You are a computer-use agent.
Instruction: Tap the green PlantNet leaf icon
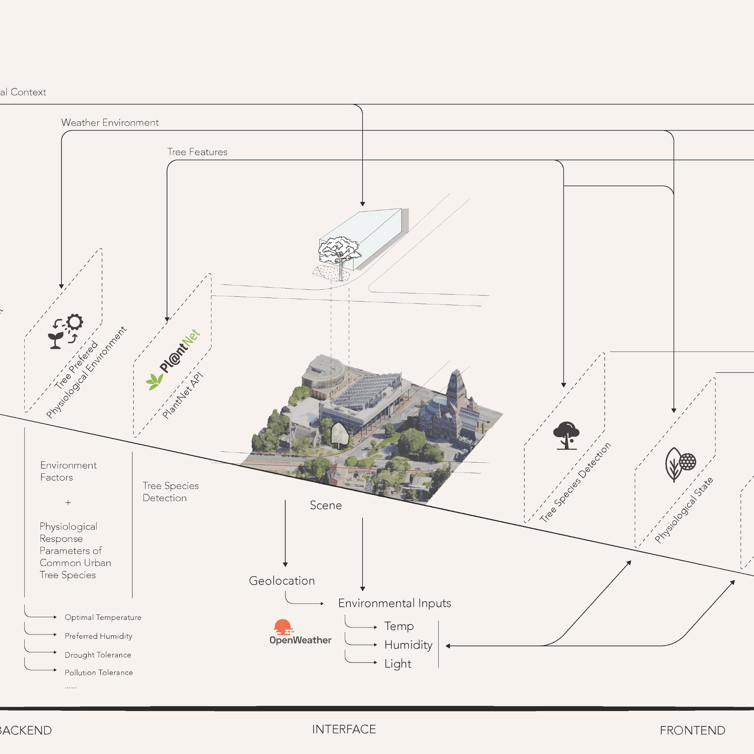click(154, 381)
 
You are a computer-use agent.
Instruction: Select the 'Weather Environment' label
click(110, 122)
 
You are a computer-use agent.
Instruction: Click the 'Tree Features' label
click(197, 152)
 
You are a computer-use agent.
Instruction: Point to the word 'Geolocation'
click(282, 581)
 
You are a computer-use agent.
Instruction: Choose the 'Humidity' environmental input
click(408, 645)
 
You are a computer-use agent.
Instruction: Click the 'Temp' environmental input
click(399, 626)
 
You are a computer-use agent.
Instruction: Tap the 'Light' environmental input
click(398, 664)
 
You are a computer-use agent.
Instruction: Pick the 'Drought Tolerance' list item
click(98, 655)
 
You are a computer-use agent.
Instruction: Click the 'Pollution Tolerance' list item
click(99, 672)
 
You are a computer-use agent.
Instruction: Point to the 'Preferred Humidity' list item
click(98, 636)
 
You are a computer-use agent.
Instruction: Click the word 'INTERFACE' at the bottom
click(344, 729)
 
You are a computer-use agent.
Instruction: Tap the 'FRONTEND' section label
click(692, 730)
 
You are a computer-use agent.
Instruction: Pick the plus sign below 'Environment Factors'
click(68, 503)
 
